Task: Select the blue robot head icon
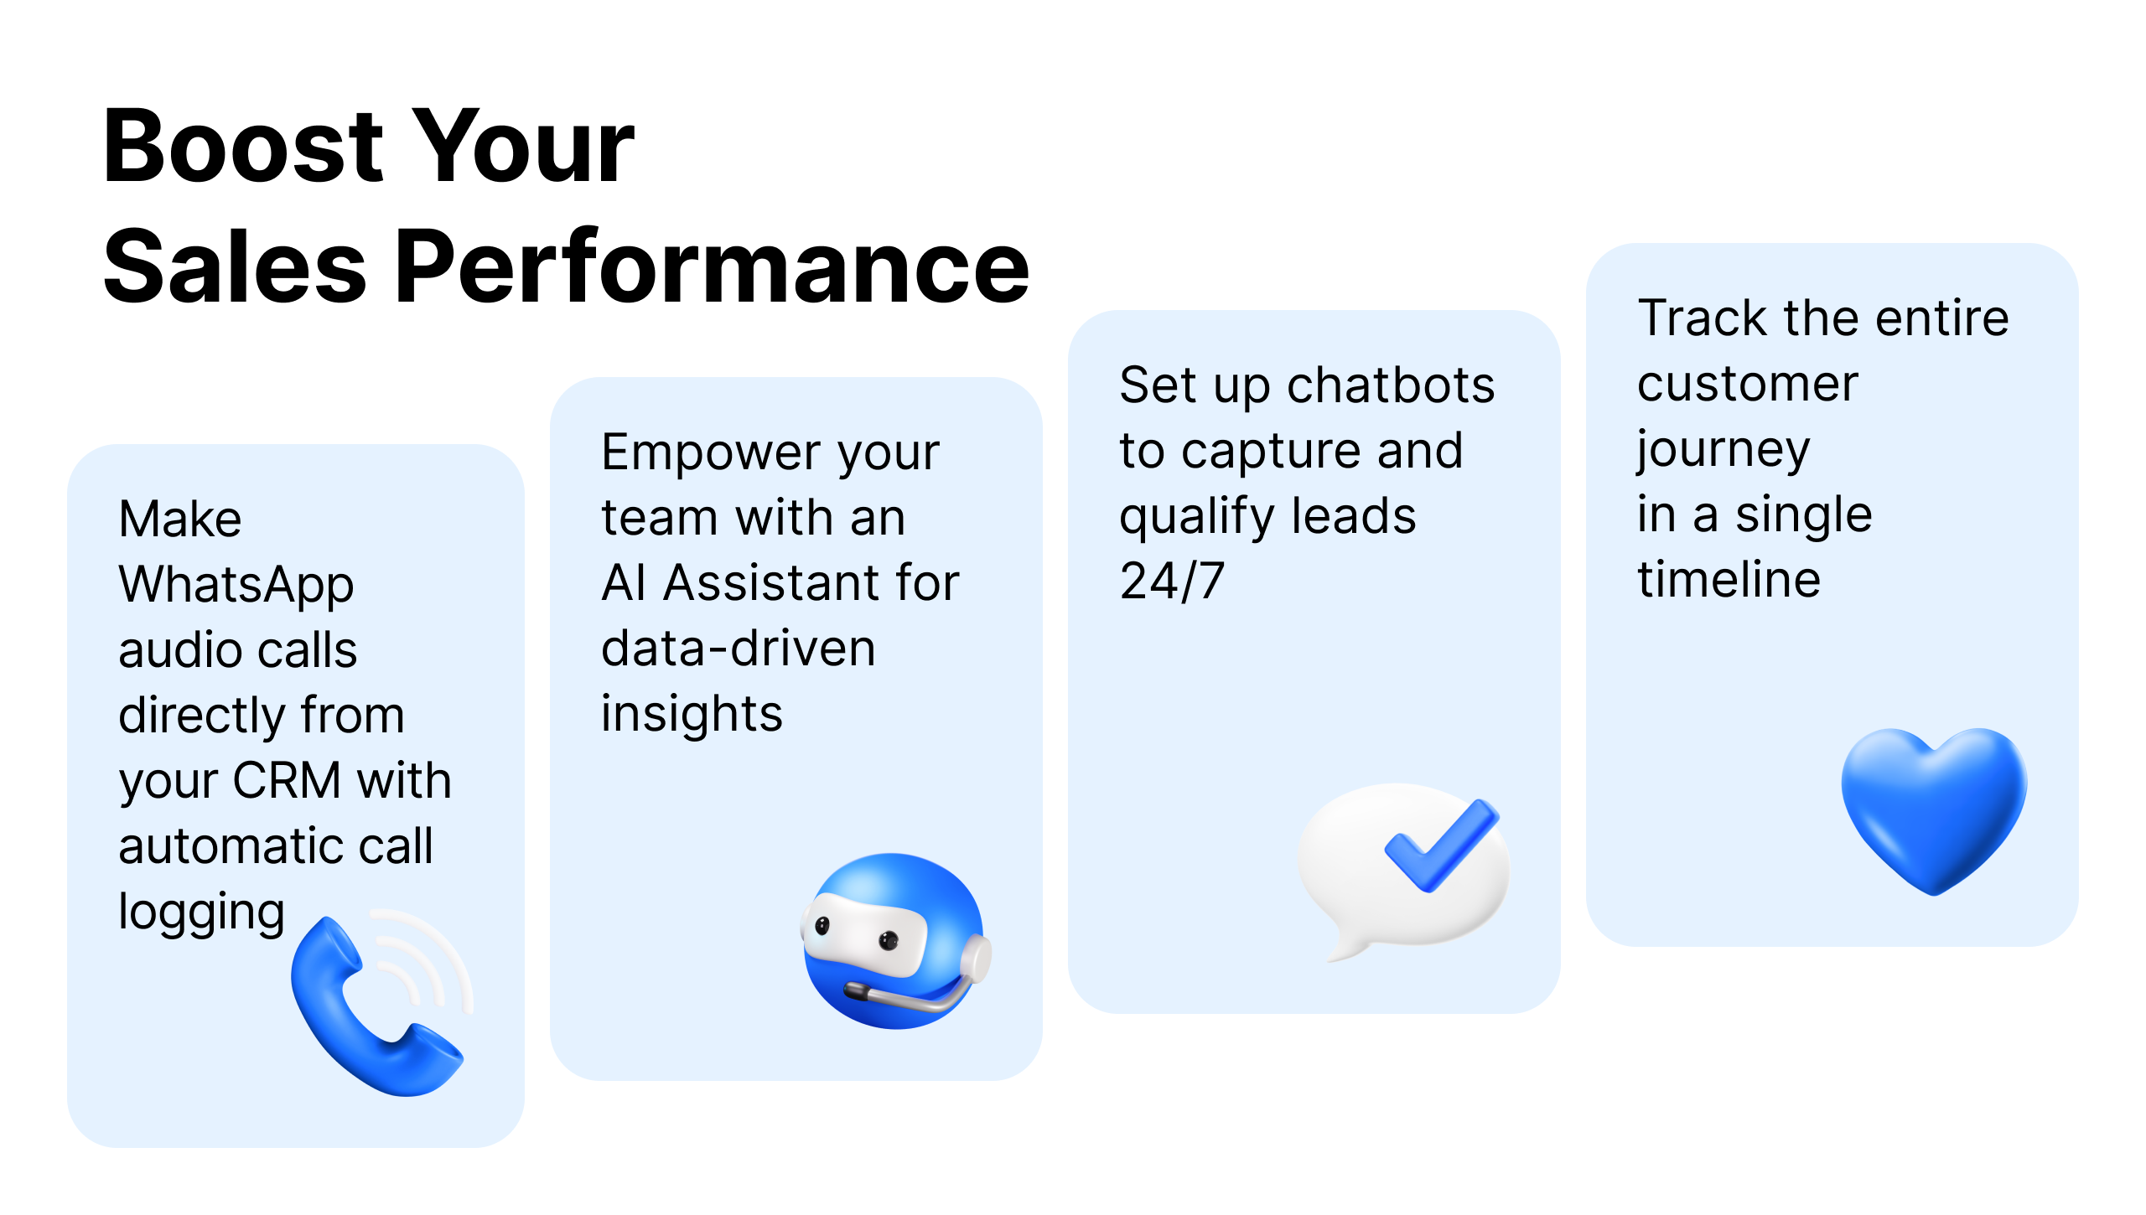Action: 895,941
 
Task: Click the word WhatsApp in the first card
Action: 236,585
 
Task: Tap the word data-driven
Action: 739,649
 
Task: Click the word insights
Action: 692,714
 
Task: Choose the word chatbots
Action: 1391,385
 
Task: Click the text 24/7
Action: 1172,582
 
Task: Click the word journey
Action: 1724,451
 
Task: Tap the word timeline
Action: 1729,580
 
